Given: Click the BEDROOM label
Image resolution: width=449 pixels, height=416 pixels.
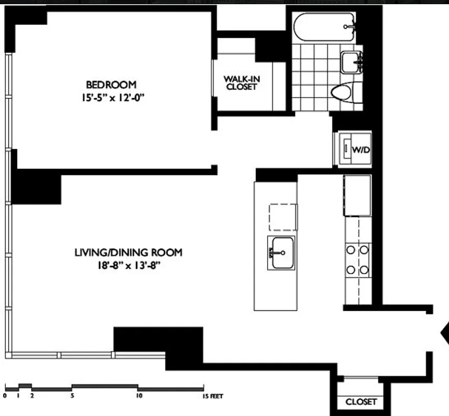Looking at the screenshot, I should click(x=111, y=84).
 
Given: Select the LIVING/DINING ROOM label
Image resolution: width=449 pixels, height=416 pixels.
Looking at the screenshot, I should click(x=128, y=253).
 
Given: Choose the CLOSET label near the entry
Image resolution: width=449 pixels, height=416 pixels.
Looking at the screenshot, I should click(x=361, y=402).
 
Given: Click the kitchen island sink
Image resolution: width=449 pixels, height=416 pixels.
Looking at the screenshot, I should click(x=281, y=253).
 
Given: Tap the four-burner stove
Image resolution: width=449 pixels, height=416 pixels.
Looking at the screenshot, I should click(x=358, y=259).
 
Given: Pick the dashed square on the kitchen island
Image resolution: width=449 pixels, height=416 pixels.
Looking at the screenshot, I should click(x=283, y=217).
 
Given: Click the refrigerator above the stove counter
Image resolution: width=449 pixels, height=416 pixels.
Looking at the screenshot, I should click(x=357, y=195).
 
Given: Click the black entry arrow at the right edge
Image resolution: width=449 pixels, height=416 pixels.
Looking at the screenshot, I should click(x=445, y=333).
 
